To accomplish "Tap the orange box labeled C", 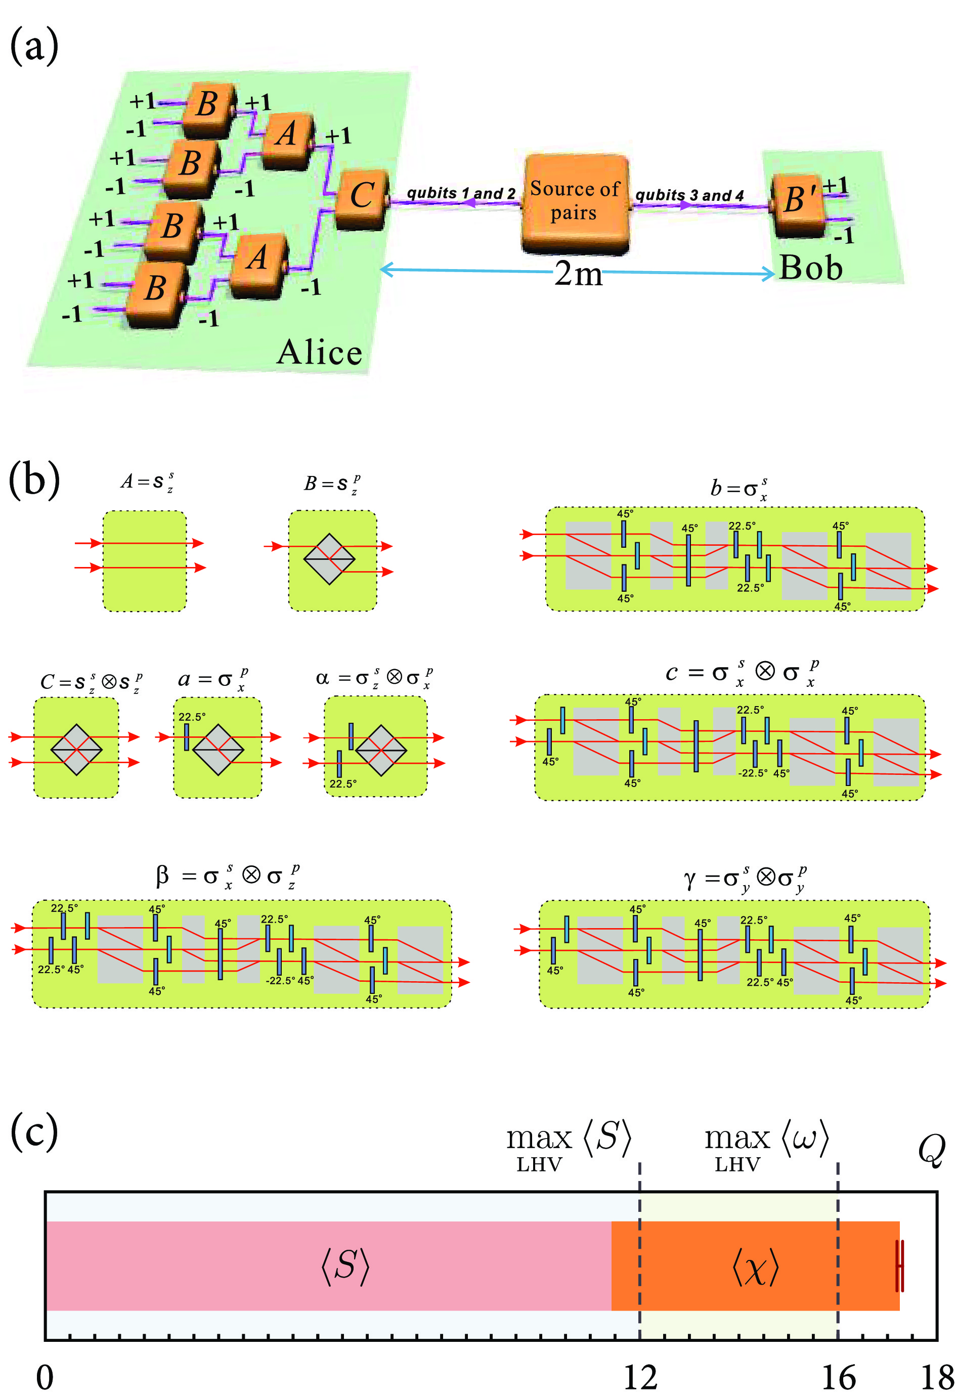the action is click(362, 198).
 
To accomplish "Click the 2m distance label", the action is click(578, 274).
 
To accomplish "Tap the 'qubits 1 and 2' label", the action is click(461, 193).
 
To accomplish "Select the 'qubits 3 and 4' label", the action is click(689, 195).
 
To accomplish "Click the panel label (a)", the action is click(34, 47).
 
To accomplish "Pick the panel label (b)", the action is click(34, 480).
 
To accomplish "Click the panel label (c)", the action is click(34, 1131).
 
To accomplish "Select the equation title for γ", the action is click(745, 879).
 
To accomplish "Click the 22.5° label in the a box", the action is click(192, 717).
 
